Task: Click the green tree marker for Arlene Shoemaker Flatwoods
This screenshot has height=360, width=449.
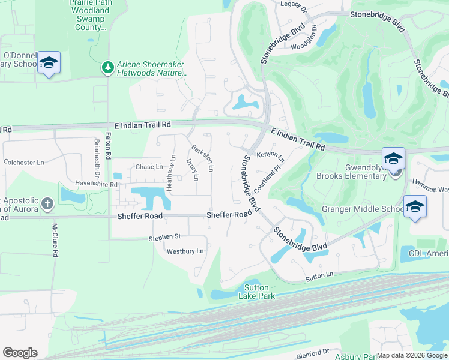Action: point(108,68)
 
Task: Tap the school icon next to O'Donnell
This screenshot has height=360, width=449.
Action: point(48,63)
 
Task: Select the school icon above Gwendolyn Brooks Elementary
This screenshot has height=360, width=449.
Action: point(393,158)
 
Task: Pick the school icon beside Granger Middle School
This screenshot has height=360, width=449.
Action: point(415,206)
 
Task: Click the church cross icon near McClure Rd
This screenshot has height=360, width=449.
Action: point(47,204)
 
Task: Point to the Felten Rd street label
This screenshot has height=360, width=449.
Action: point(108,146)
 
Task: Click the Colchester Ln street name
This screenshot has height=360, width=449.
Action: point(24,162)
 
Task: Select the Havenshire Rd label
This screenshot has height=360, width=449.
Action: point(96,185)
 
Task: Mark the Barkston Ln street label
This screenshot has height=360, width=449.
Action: point(202,157)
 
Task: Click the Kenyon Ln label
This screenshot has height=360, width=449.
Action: point(270,155)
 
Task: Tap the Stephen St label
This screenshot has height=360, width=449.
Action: point(164,238)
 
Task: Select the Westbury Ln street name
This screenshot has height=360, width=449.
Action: point(185,251)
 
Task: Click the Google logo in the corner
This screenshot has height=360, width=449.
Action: point(20,353)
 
